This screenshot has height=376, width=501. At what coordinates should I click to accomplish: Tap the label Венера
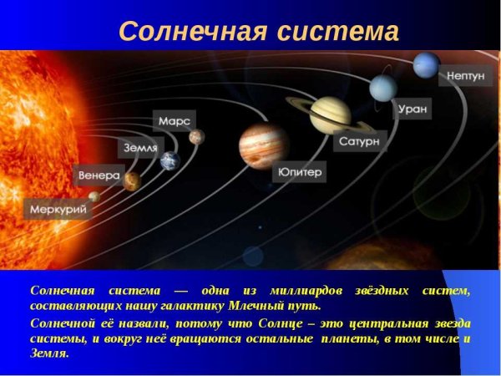99,176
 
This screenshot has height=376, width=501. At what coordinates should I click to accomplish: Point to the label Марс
174,121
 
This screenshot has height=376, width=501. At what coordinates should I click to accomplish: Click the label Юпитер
298,173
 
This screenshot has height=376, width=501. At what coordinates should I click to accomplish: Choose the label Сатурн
359,142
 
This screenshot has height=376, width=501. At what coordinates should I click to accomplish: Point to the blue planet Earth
170,160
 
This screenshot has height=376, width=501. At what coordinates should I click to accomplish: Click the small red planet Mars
196,136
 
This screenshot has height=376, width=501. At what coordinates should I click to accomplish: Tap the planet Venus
131,180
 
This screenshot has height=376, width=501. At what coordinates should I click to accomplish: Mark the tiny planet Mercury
94,196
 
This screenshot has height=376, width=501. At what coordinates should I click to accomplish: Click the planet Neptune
426,65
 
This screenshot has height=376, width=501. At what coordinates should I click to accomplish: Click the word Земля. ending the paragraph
49,353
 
